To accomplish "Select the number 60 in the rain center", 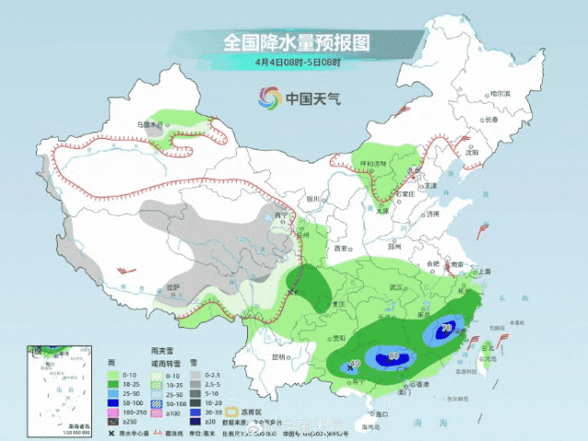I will (x=393, y=355).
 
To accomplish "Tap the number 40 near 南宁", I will (x=354, y=366).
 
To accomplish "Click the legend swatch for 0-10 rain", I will (x=112, y=375).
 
